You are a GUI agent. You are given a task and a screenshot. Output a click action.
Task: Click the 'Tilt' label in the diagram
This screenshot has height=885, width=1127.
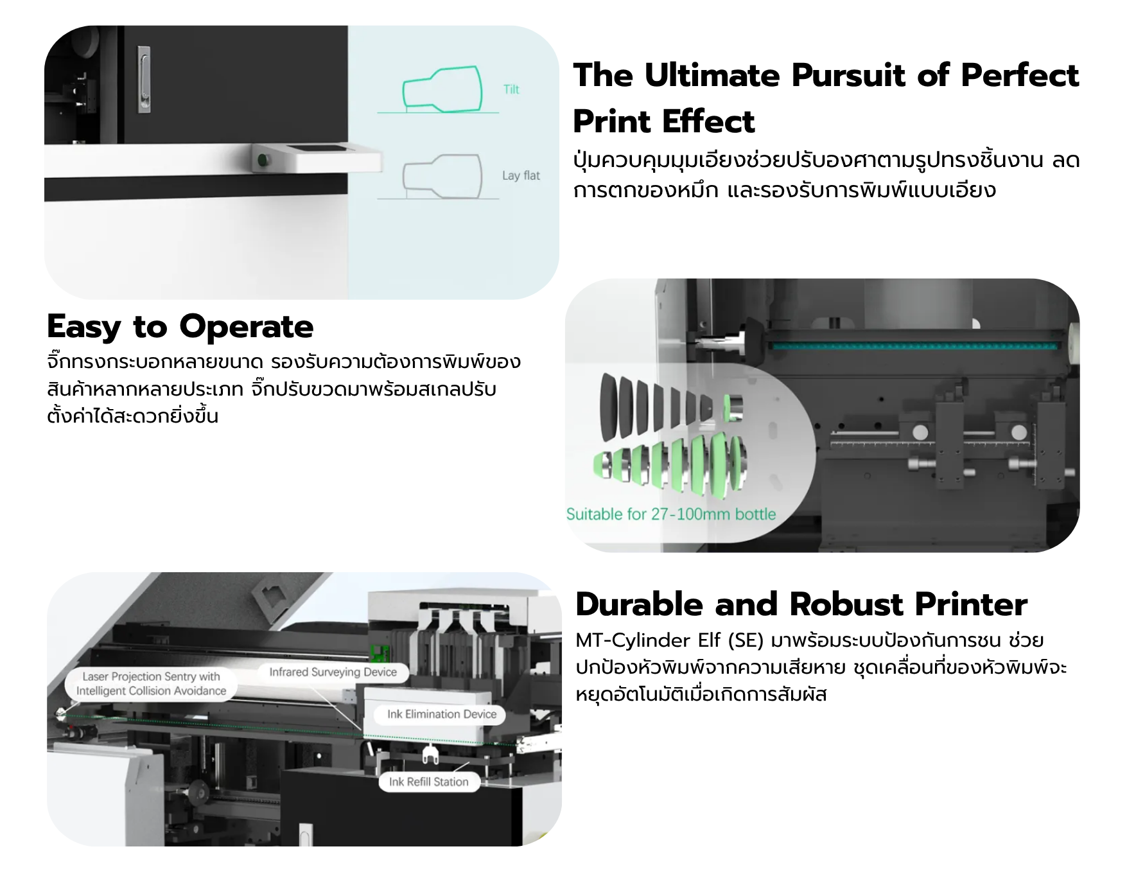point(511,89)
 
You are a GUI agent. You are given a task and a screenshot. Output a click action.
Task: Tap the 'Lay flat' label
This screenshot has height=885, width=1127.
point(521,175)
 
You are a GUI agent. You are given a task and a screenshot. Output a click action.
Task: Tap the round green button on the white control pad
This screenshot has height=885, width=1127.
point(261,160)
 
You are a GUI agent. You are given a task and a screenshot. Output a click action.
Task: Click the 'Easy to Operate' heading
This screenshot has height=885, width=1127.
point(180,327)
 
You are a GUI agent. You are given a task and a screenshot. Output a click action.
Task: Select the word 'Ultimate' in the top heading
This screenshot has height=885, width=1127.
point(712,75)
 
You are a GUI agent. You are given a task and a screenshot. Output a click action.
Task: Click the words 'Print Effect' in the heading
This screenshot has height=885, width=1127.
point(663,121)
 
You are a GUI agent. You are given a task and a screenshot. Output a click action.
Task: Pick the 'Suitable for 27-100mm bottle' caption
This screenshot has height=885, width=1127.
point(671,514)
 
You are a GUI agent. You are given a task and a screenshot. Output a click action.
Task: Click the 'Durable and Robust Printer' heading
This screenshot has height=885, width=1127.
point(801,604)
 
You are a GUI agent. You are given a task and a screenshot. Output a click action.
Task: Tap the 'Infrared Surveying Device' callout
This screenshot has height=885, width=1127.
point(333,672)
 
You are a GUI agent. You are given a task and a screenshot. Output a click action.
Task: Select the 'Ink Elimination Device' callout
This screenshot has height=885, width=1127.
point(442,714)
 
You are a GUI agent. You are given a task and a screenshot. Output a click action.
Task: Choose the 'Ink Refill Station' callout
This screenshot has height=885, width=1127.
point(428,782)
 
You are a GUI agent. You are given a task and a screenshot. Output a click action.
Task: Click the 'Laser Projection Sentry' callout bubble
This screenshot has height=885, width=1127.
point(152,684)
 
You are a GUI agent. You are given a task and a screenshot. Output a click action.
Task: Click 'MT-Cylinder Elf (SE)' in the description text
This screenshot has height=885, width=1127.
point(670,640)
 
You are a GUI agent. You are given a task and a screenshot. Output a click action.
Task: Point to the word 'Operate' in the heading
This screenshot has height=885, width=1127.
point(247,328)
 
